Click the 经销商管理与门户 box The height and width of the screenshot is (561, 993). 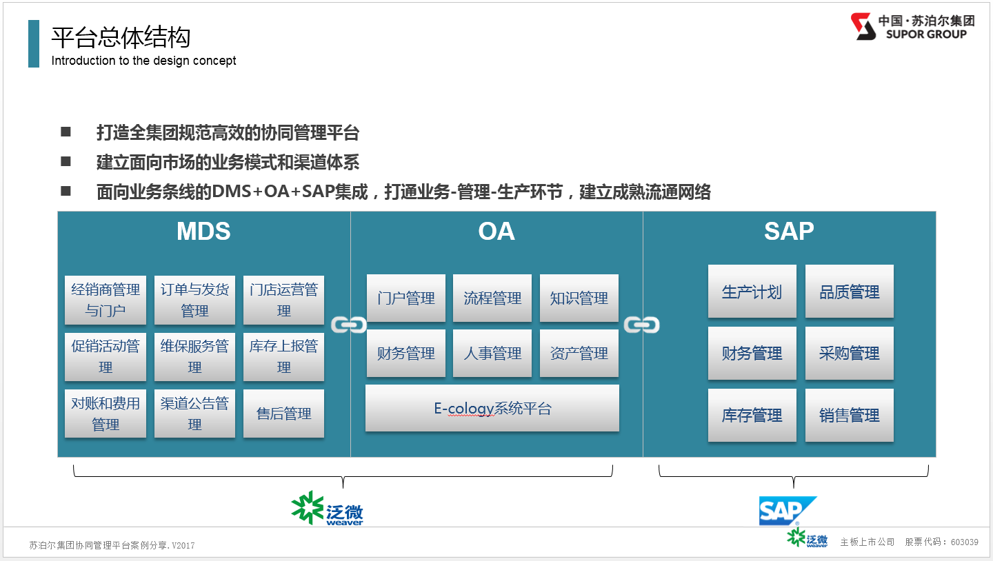tap(106, 300)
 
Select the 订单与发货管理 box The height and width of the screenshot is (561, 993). tap(194, 300)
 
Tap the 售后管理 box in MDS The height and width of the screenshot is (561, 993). tap(283, 414)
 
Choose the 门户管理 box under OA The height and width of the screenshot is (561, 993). tap(406, 298)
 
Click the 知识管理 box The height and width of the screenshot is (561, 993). tap(579, 298)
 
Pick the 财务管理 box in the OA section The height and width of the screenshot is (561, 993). tap(406, 353)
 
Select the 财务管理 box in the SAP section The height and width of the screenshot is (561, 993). tap(752, 353)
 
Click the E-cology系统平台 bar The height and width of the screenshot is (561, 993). tap(492, 408)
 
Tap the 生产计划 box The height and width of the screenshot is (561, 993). tap(752, 292)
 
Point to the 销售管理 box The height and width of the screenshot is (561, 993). tap(850, 415)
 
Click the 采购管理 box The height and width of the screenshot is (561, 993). tap(850, 353)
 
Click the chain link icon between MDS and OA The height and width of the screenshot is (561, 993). tap(349, 325)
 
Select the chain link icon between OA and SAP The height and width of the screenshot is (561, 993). tap(641, 325)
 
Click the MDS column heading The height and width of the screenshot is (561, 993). tap(203, 231)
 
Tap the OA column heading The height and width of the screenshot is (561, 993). tap(496, 231)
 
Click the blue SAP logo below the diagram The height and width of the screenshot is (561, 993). tap(788, 511)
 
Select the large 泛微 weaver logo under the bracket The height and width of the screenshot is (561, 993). tap(327, 508)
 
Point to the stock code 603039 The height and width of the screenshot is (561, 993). tap(964, 542)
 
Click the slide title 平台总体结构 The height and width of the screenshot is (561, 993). tap(121, 37)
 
